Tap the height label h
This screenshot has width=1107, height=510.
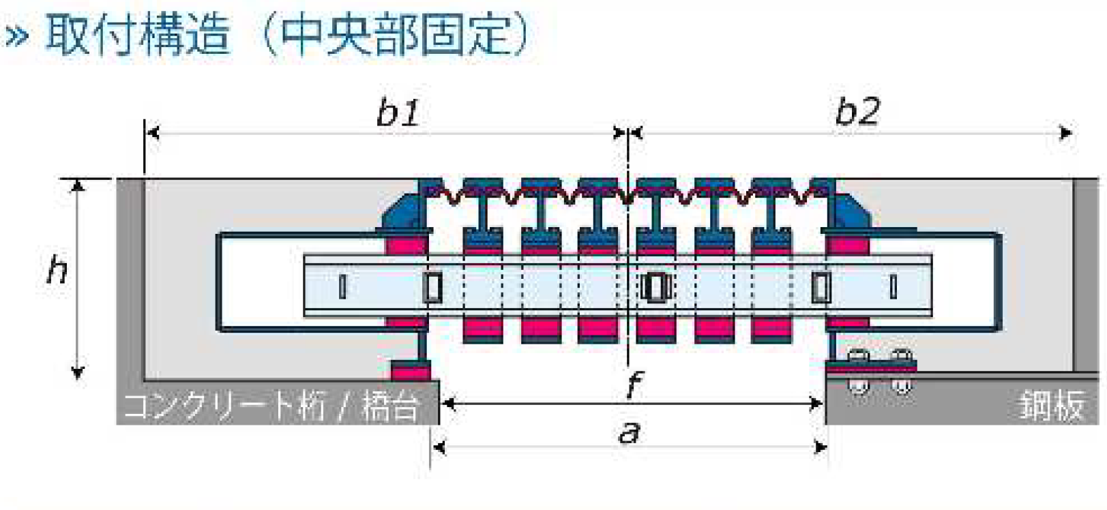pyautogui.click(x=57, y=269)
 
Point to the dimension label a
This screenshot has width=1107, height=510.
pyautogui.click(x=630, y=432)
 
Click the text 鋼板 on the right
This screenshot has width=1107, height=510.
pyautogui.click(x=1051, y=406)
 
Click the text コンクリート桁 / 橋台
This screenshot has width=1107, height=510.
pyautogui.click(x=271, y=407)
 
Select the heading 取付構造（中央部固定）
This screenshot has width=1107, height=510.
pyautogui.click(x=286, y=34)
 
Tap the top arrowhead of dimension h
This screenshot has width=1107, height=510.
pyautogui.click(x=78, y=185)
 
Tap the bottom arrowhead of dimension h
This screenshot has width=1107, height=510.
pyautogui.click(x=78, y=372)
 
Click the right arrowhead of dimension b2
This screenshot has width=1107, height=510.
pyautogui.click(x=1066, y=133)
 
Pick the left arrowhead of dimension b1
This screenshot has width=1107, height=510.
pyautogui.click(x=153, y=133)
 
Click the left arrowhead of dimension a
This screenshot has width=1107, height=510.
pyautogui.click(x=440, y=447)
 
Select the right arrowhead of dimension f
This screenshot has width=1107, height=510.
pyautogui.click(x=816, y=404)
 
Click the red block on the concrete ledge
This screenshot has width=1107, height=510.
pyautogui.click(x=410, y=371)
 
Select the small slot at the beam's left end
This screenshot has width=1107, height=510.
pyautogui.click(x=342, y=286)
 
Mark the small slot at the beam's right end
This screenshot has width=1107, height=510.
pyautogui.click(x=893, y=287)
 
